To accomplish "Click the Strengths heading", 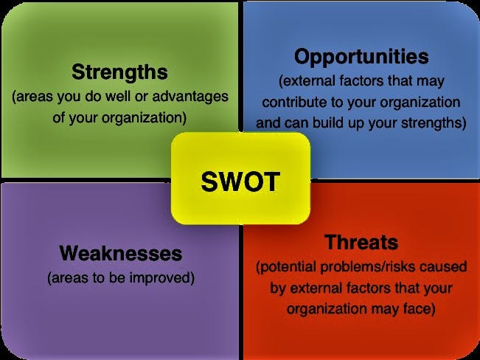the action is (119, 72).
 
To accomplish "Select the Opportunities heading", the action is (361, 57).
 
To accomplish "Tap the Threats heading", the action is (361, 242).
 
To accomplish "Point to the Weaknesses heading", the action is (121, 253).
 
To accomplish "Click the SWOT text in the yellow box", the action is (240, 181).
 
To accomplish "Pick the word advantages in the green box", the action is (190, 96).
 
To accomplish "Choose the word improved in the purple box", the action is (162, 277).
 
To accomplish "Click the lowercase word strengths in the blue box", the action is (434, 123).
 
